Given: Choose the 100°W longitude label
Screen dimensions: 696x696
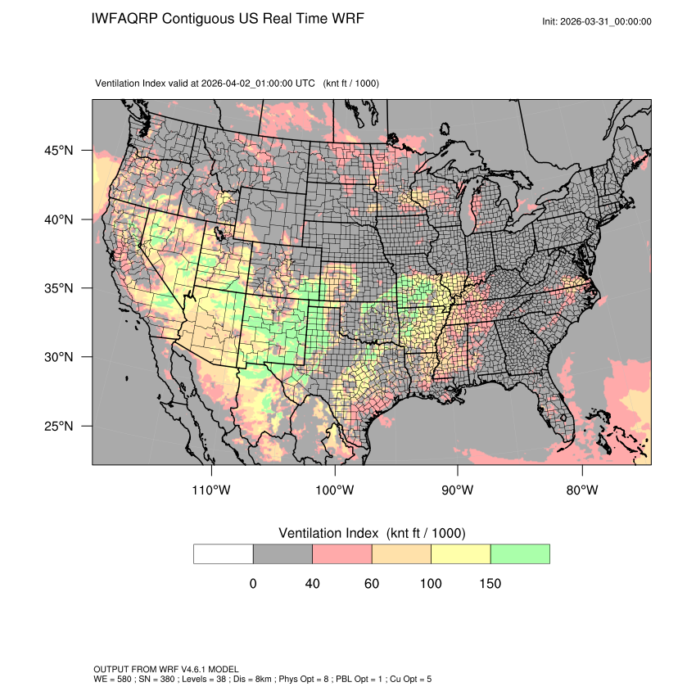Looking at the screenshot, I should [335, 490].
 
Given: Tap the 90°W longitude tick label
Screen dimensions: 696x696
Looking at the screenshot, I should [458, 490].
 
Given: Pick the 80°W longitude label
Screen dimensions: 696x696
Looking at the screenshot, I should [582, 490].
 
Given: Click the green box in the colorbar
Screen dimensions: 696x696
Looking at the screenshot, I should [520, 554].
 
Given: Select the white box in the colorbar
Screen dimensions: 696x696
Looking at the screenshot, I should [224, 554].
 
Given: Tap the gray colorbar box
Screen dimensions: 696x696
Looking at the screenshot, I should [282, 554].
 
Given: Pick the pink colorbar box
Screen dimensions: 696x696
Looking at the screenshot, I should [342, 554].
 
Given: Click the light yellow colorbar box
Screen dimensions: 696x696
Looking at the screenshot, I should [461, 554].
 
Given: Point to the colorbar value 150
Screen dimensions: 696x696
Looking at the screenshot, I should [490, 584].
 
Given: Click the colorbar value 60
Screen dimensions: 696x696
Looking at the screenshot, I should [372, 584].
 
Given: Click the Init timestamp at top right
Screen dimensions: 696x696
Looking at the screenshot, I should [597, 21].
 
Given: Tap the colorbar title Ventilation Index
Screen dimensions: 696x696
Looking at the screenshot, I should [331, 533].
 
